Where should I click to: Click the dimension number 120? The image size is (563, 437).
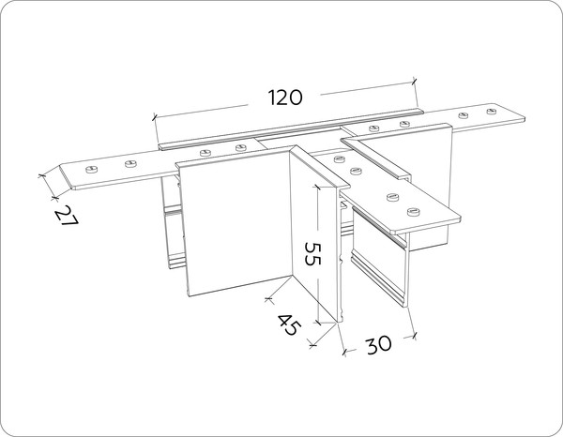click(285, 98)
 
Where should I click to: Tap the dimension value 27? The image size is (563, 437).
click(67, 216)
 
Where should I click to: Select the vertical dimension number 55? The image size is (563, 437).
click(312, 253)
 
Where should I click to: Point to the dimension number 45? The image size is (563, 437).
click(288, 324)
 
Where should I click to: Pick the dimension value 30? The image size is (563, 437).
click(379, 345)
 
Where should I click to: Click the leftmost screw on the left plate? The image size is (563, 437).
click(92, 169)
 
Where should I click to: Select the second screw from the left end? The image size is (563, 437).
click(130, 164)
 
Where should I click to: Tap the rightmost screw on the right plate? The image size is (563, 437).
click(493, 111)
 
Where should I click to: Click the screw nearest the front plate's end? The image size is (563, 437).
click(414, 212)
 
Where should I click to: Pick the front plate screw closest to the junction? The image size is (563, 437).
click(340, 158)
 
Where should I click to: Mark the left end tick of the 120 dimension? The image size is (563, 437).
click(155, 116)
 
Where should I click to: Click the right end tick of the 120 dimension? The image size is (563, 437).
click(415, 81)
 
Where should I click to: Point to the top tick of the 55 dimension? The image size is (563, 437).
click(317, 186)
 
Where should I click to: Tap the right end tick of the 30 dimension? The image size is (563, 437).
click(415, 336)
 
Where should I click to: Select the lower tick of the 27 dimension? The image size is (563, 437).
click(54, 197)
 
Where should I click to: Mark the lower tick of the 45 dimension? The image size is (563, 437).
click(313, 345)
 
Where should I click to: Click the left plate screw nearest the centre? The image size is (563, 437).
click(241, 147)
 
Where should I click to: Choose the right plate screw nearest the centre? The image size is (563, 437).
click(374, 128)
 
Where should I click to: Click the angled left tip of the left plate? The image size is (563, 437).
click(60, 166)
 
